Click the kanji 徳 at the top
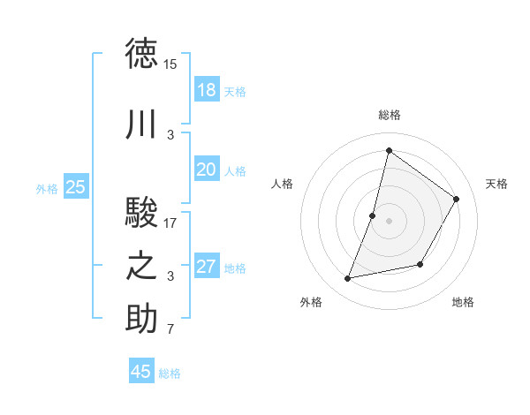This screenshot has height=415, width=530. pyautogui.click(x=142, y=54)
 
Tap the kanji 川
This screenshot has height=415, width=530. pyautogui.click(x=142, y=125)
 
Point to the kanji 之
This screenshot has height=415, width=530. pyautogui.click(x=142, y=267)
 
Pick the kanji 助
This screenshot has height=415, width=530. pyautogui.click(x=142, y=320)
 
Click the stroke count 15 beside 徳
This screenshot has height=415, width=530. pyautogui.click(x=170, y=64)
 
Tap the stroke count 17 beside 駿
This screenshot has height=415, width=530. pyautogui.click(x=170, y=223)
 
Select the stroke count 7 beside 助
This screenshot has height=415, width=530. pyautogui.click(x=170, y=330)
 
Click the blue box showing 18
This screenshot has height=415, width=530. pyautogui.click(x=206, y=90)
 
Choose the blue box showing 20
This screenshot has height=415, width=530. pyautogui.click(x=206, y=170)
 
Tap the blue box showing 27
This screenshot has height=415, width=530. pyautogui.click(x=206, y=267)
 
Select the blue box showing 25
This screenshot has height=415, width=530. pyautogui.click(x=76, y=186)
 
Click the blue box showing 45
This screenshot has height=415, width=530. pyautogui.click(x=141, y=372)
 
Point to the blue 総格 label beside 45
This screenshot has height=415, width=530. pyautogui.click(x=170, y=373)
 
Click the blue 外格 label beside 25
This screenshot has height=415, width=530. pyautogui.click(x=47, y=188)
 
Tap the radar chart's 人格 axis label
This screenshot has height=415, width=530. pyautogui.click(x=283, y=184)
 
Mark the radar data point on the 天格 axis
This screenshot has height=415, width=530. pyautogui.click(x=457, y=200)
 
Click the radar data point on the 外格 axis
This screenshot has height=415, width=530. pyautogui.click(x=348, y=279)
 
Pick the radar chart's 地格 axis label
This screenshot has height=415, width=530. pyautogui.click(x=463, y=303)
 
